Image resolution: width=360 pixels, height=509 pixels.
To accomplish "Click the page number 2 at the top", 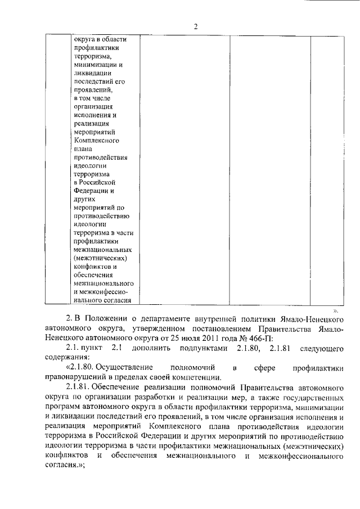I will click(196, 26).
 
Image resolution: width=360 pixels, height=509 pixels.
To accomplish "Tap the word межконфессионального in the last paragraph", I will click(303, 454).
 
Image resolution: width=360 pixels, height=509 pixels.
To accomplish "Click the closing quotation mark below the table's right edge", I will click(336, 310).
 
